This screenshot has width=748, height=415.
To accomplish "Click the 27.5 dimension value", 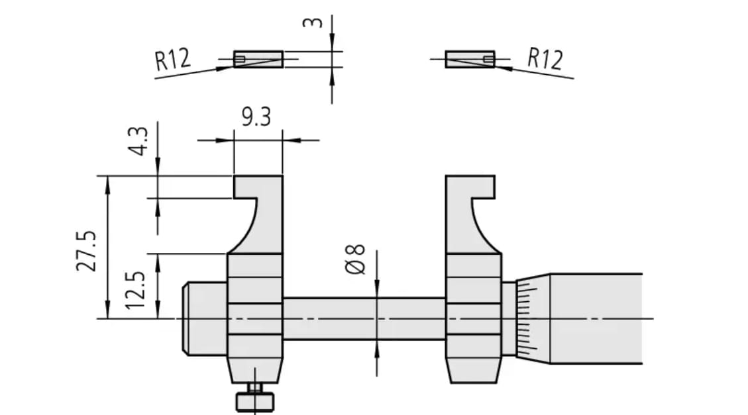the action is pos(86,251).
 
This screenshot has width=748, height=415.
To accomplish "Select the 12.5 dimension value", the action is pos(134,290).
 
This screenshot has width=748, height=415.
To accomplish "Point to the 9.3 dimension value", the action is pos(256,116).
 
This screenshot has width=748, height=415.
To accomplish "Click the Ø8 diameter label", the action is pos(355,259).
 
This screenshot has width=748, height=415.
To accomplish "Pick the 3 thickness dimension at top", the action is pos(313,23).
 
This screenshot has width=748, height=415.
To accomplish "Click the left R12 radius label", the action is pos(172,60).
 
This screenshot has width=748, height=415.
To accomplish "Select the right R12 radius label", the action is pos(545,59).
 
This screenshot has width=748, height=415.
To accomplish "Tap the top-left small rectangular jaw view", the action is pos(258,59).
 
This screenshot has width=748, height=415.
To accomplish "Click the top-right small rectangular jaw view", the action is pos(470,59).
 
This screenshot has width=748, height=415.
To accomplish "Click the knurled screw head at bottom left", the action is pos(255,402).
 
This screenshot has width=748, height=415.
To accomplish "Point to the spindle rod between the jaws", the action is pos(364,318).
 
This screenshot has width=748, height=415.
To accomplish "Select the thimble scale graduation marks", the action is pos(527,318).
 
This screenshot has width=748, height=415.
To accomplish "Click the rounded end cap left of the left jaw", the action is pos(205,318).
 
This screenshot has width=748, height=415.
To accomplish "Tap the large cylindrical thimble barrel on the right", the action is pos(596,318).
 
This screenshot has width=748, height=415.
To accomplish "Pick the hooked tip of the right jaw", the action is pos(483,187).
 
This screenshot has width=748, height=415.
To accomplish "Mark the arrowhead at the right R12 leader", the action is pos(504,68).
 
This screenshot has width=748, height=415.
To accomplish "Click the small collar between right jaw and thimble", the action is pos(509,318).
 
